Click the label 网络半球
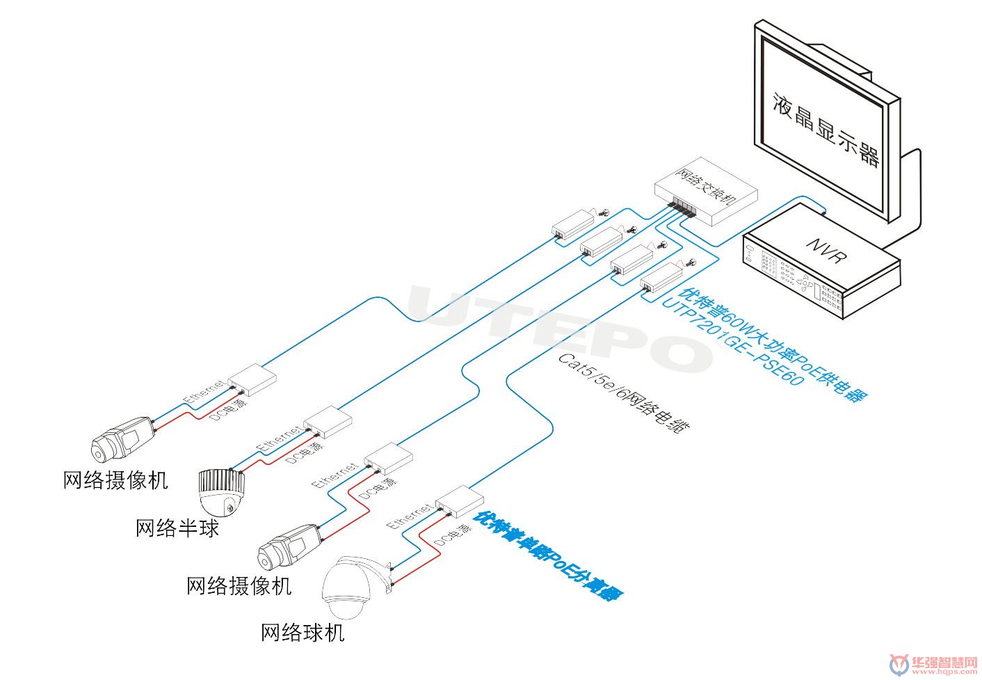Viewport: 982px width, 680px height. pyautogui.click(x=177, y=528)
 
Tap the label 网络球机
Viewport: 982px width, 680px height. pyautogui.click(x=303, y=633)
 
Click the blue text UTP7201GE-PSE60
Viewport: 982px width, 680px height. pyautogui.click(x=732, y=342)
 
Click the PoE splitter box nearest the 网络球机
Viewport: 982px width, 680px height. pyautogui.click(x=460, y=502)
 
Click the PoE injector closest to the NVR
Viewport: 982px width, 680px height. pyautogui.click(x=661, y=279)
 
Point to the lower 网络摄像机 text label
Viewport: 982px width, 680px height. pyautogui.click(x=239, y=586)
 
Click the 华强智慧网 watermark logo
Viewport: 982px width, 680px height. pyautogui.click(x=935, y=665)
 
